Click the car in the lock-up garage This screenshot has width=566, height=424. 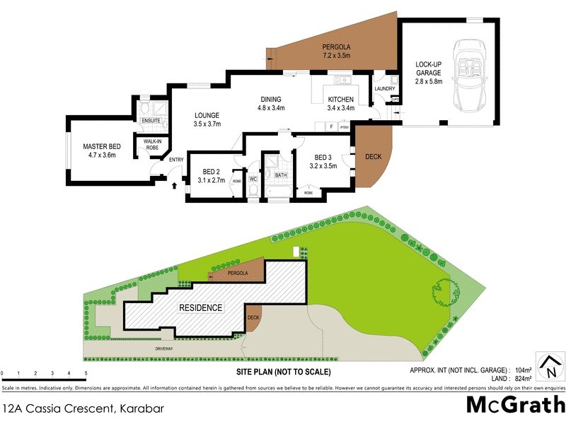[468, 77]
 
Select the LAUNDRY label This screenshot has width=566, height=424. [386, 89]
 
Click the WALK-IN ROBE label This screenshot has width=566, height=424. [152, 145]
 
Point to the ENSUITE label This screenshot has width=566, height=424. [151, 121]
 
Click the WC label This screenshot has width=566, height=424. [253, 180]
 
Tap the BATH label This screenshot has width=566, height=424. [281, 175]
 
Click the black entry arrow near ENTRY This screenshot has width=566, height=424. [175, 185]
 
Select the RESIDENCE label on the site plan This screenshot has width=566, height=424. [200, 308]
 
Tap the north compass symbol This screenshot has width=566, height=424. [550, 367]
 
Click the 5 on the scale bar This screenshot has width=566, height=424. [86, 372]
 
